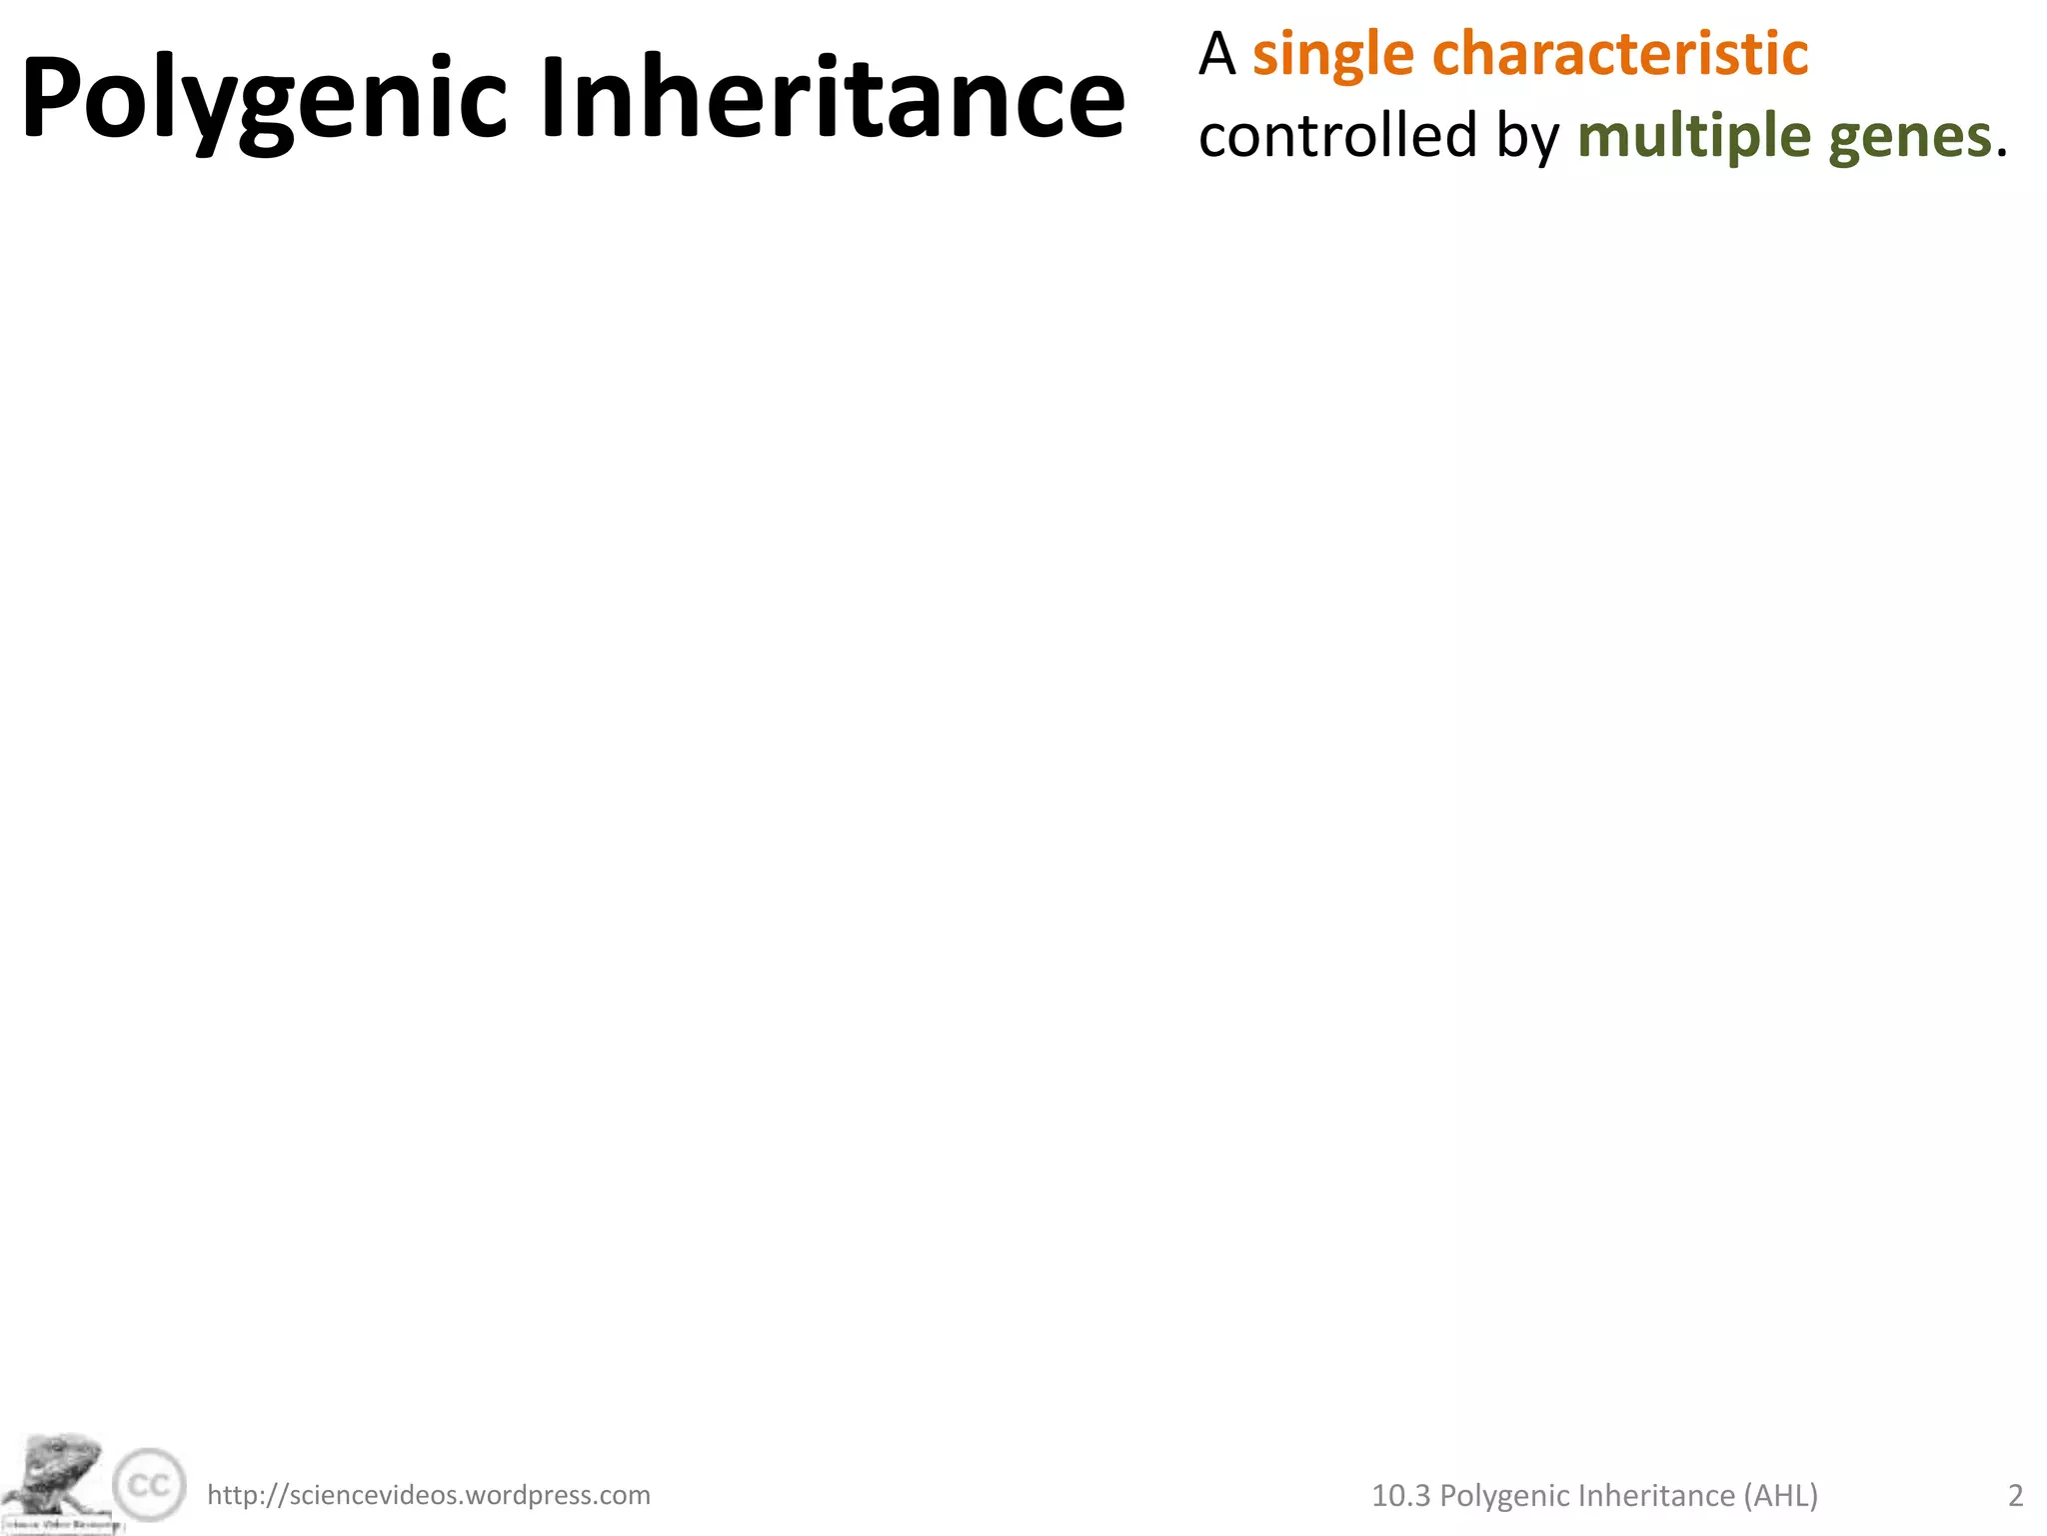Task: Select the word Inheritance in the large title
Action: [833, 97]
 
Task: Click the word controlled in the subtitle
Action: [1337, 136]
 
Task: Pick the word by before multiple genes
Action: [1527, 138]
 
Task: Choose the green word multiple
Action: [1694, 138]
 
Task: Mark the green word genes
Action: [1910, 138]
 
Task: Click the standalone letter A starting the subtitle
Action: [1217, 55]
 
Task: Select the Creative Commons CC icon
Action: [150, 1485]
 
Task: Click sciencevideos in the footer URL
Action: [372, 1495]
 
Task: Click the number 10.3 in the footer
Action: [1401, 1496]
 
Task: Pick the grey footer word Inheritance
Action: [1650, 1496]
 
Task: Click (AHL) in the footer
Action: [1781, 1496]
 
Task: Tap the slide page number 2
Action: [2015, 1496]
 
